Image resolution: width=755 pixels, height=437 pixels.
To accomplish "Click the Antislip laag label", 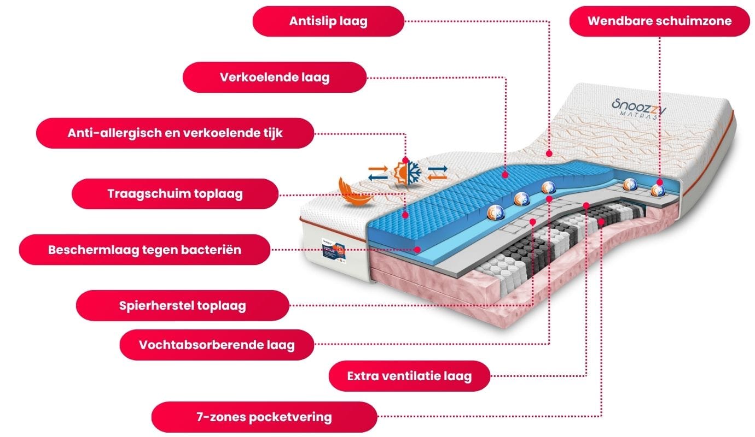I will point(328,21).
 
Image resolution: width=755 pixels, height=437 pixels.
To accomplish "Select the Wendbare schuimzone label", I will point(659,21).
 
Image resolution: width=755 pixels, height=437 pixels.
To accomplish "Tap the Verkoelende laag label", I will point(274,77).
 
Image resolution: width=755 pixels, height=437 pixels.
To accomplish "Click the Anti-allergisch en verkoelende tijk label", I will point(175,133).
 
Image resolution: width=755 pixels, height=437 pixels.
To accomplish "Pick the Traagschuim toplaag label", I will point(175,194).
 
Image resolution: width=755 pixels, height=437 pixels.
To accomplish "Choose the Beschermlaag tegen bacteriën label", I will point(144,250).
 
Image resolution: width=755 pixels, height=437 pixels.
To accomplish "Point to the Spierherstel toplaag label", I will point(182,305).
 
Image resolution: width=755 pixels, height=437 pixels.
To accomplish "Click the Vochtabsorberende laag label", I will point(217,345).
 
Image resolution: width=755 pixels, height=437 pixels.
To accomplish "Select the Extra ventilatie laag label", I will point(409,376).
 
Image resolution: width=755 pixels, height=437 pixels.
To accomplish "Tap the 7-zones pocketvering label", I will point(264,417).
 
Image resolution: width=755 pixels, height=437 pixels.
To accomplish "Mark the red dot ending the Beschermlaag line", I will point(419,249).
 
